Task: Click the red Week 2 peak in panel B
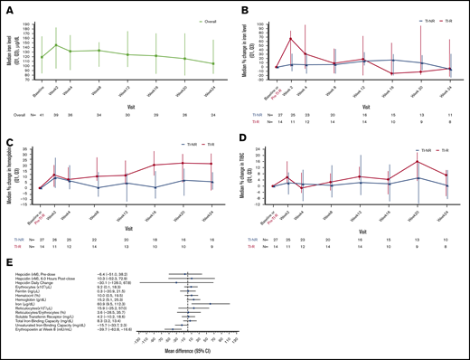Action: (x=292, y=38)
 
